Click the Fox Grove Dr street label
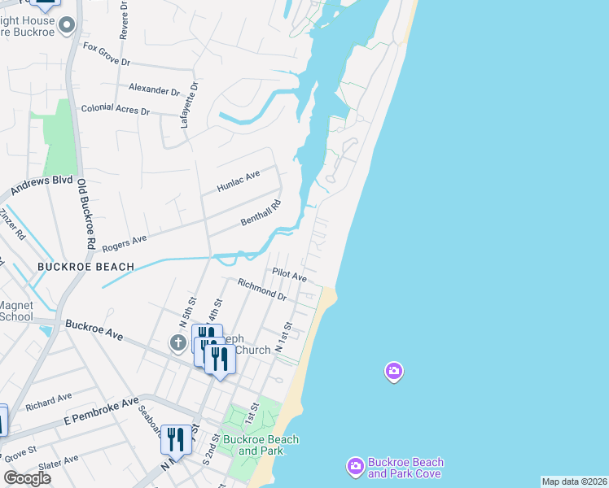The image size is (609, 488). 107,54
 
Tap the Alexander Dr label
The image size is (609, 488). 154,89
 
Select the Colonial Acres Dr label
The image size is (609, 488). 115,110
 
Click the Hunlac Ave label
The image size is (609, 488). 238,181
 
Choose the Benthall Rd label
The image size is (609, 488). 261,214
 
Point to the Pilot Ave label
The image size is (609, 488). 290,276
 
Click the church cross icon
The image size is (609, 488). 178,343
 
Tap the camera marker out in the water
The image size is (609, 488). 393,372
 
